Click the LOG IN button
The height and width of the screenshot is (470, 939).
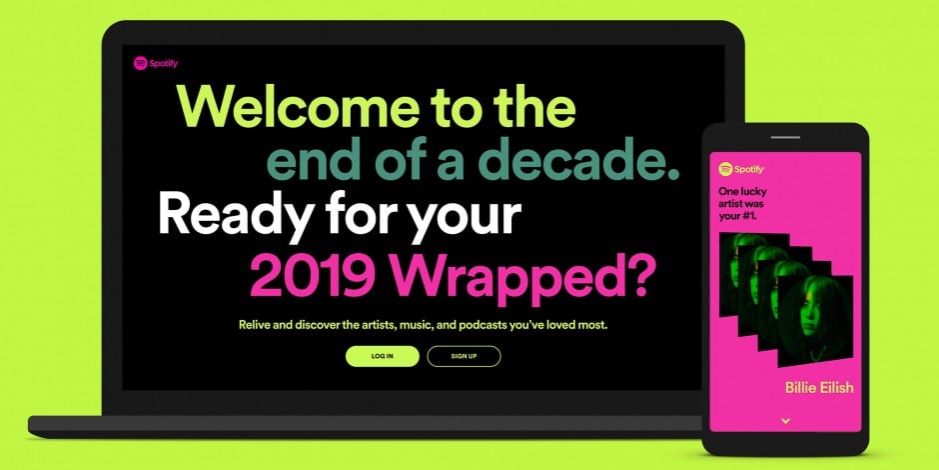pyautogui.click(x=382, y=356)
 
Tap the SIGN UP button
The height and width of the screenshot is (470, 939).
pyautogui.click(x=464, y=356)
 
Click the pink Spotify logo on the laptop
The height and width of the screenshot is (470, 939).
pyautogui.click(x=156, y=63)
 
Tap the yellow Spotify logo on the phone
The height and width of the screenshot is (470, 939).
pyautogui.click(x=741, y=169)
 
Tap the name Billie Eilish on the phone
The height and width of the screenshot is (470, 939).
pyautogui.click(x=819, y=387)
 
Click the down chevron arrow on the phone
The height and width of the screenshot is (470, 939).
pyautogui.click(x=786, y=421)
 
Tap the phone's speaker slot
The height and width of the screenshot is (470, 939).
pyautogui.click(x=785, y=137)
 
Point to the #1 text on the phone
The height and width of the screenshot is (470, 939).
pyautogui.click(x=748, y=216)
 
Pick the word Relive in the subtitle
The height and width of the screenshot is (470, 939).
pyautogui.click(x=253, y=326)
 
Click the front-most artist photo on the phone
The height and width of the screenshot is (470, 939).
pyautogui.click(x=815, y=322)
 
